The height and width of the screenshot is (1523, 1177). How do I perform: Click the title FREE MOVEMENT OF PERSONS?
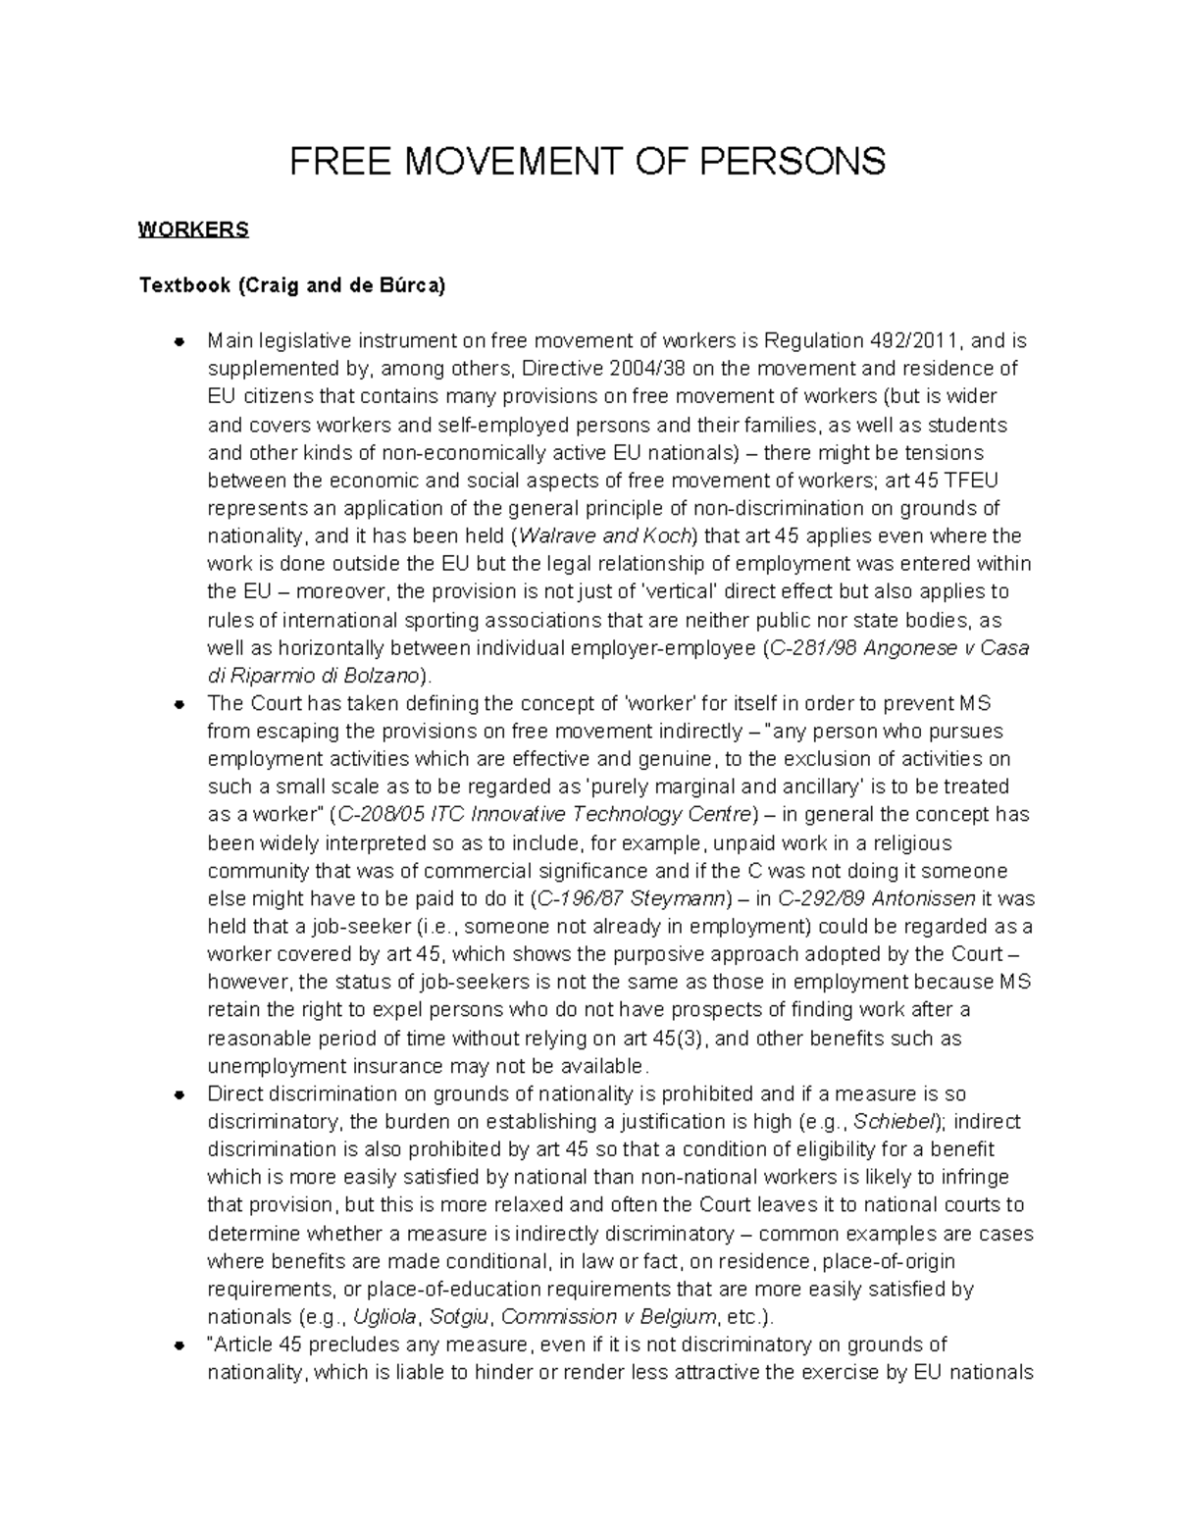tap(588, 161)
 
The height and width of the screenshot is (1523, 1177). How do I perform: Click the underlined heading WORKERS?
tap(193, 230)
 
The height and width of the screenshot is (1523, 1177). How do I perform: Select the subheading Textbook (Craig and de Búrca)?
tap(292, 286)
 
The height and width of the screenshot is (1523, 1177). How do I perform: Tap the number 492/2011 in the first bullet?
tap(914, 341)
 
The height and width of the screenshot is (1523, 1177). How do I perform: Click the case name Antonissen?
tap(925, 898)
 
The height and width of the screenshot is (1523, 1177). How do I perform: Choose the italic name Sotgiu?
tap(460, 1317)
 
